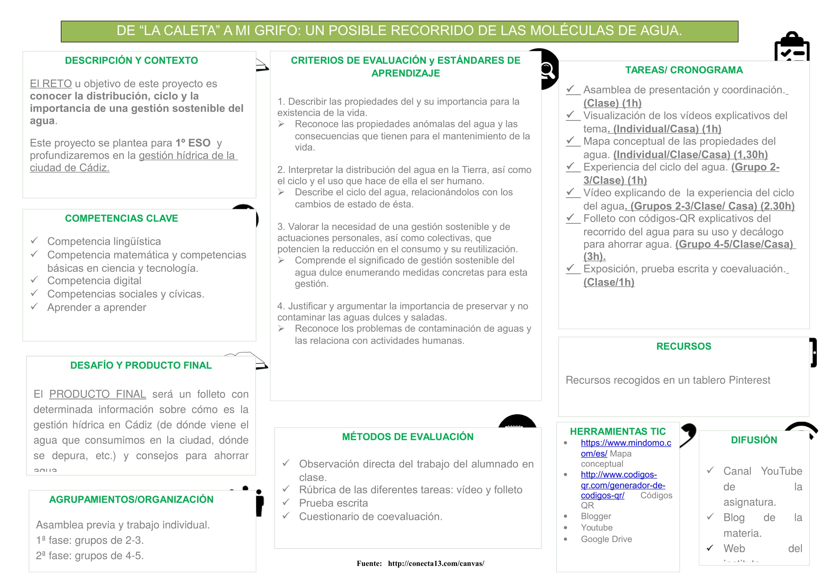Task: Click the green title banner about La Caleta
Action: pyautogui.click(x=399, y=31)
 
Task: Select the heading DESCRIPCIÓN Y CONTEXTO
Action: pyautogui.click(x=131, y=60)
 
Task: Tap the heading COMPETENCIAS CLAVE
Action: pyautogui.click(x=121, y=218)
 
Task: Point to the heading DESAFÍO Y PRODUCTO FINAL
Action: pyautogui.click(x=141, y=365)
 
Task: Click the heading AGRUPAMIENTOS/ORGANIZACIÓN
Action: pyautogui.click(x=131, y=500)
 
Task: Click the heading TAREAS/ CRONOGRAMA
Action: pyautogui.click(x=684, y=70)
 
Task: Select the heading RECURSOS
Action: pyautogui.click(x=683, y=346)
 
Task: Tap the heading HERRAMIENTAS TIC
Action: pyautogui.click(x=618, y=432)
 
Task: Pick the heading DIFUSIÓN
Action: pyautogui.click(x=754, y=440)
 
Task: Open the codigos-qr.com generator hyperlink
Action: pyautogui.click(x=623, y=485)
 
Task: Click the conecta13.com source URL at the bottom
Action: pyautogui.click(x=436, y=563)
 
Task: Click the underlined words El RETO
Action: pyautogui.click(x=51, y=84)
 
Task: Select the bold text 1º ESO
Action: pyautogui.click(x=193, y=143)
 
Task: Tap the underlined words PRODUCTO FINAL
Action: pyautogui.click(x=97, y=394)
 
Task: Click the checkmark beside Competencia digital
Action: pyautogui.click(x=34, y=280)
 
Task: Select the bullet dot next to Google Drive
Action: pyautogui.click(x=565, y=539)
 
